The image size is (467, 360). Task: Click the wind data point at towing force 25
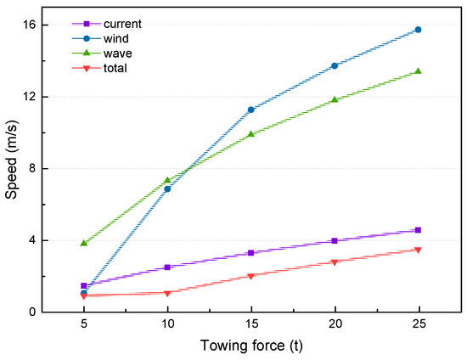pyautogui.click(x=418, y=30)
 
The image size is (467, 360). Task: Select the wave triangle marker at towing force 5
pyautogui.click(x=84, y=243)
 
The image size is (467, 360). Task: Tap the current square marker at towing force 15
pyautogui.click(x=250, y=253)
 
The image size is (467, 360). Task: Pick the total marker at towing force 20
pyautogui.click(x=335, y=262)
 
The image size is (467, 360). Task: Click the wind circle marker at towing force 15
pyautogui.click(x=250, y=110)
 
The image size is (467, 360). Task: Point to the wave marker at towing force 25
pyautogui.click(x=418, y=71)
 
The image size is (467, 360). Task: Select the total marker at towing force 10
pyautogui.click(x=167, y=293)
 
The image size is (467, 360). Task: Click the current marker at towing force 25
pyautogui.click(x=418, y=230)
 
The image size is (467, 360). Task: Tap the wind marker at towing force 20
pyautogui.click(x=335, y=65)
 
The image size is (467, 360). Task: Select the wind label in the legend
pyautogui.click(x=115, y=38)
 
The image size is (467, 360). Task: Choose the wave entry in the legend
pyautogui.click(x=116, y=53)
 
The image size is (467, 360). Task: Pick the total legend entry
pyautogui.click(x=115, y=67)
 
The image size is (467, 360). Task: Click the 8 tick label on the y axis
pyautogui.click(x=32, y=168)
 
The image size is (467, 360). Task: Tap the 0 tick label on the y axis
pyautogui.click(x=32, y=312)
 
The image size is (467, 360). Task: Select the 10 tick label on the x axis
pyautogui.click(x=167, y=324)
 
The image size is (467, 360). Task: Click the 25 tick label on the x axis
pyautogui.click(x=418, y=324)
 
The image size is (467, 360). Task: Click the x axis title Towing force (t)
pyautogui.click(x=250, y=346)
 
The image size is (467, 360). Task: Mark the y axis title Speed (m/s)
pyautogui.click(x=12, y=168)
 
